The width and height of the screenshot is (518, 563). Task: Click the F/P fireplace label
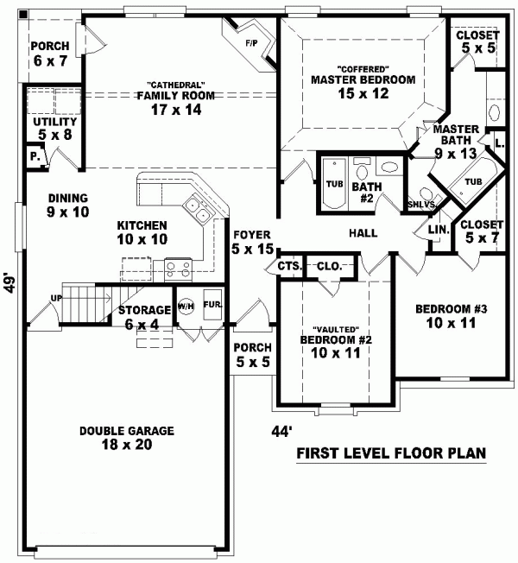click(x=251, y=43)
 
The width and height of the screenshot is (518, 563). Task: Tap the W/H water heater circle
click(x=186, y=307)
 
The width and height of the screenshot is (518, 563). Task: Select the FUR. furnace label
click(x=213, y=304)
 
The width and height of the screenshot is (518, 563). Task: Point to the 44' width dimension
click(x=281, y=431)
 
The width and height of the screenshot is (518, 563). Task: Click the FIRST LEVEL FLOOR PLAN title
click(x=391, y=452)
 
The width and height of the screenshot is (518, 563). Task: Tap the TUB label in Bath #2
click(x=335, y=184)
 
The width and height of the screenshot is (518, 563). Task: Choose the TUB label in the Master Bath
click(x=473, y=181)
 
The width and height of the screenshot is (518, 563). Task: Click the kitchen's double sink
click(x=197, y=210)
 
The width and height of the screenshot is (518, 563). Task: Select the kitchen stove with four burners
click(x=178, y=269)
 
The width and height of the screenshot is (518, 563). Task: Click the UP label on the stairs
click(x=56, y=298)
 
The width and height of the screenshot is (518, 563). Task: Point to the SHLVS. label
click(x=422, y=205)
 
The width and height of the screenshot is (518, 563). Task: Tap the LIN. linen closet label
click(x=439, y=230)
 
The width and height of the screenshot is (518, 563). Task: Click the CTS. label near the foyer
click(x=289, y=266)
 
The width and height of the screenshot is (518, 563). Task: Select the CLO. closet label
click(x=329, y=266)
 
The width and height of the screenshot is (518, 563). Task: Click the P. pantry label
click(x=35, y=156)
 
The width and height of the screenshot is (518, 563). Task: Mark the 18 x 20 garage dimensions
click(x=127, y=445)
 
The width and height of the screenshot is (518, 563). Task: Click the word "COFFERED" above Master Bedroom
click(x=363, y=68)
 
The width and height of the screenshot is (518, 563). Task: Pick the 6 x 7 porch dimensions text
click(x=50, y=60)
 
